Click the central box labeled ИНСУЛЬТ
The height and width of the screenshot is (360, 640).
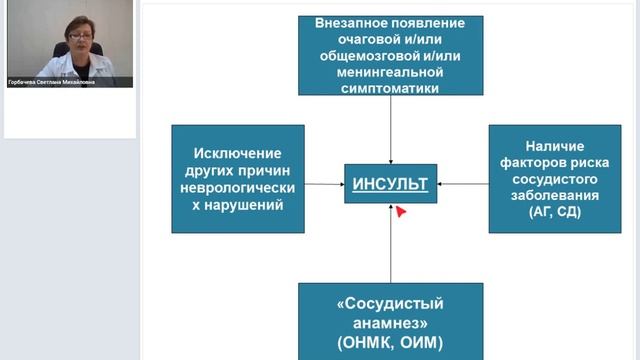click(x=390, y=183)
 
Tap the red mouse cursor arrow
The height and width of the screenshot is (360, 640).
click(x=400, y=211)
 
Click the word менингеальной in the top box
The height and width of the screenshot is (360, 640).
click(x=390, y=72)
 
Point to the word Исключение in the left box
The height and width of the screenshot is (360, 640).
click(x=237, y=153)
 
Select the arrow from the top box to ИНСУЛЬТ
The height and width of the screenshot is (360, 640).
click(x=390, y=130)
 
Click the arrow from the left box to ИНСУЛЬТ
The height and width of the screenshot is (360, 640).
click(x=324, y=183)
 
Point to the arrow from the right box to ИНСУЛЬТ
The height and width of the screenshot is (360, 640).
click(x=462, y=183)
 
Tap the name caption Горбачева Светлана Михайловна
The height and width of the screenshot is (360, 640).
click(x=52, y=82)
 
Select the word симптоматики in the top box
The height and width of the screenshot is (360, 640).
click(x=390, y=88)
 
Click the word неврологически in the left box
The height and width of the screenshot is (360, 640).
click(x=237, y=188)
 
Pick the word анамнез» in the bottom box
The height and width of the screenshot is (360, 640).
click(x=390, y=323)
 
